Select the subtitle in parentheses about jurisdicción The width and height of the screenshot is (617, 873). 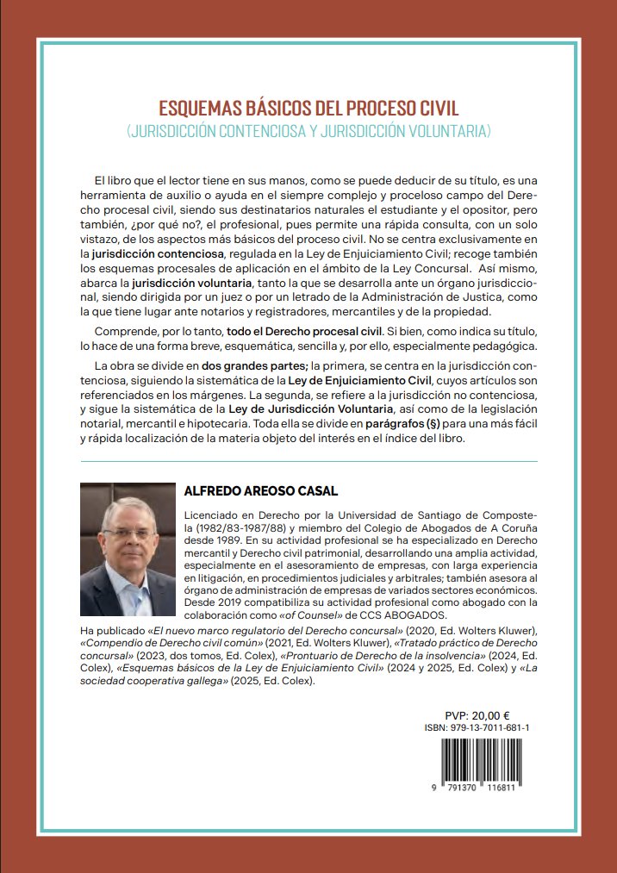tap(308, 132)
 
